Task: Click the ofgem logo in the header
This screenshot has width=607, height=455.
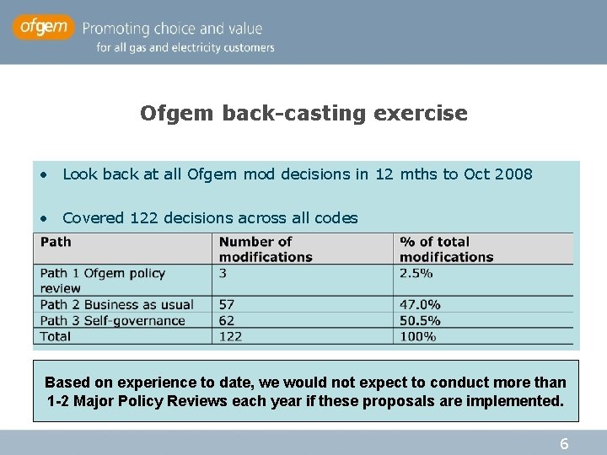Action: [x=43, y=28]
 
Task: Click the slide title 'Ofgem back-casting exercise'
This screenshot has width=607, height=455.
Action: [x=303, y=113]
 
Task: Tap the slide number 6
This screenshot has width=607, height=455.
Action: [x=564, y=444]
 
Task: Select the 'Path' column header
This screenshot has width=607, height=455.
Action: [x=56, y=242]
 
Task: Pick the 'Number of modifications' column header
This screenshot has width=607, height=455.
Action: [x=265, y=249]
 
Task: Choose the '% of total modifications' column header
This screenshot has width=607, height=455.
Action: [x=446, y=249]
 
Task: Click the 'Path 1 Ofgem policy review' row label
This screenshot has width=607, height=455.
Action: [x=102, y=281]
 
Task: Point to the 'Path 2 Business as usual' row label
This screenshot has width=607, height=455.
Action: [x=116, y=304]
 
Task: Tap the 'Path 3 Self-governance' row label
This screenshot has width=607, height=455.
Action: [x=112, y=320]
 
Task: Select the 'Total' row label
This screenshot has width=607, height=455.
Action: [x=56, y=336]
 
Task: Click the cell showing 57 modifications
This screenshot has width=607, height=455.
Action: [x=227, y=304]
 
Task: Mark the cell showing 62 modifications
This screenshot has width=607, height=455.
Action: [x=227, y=320]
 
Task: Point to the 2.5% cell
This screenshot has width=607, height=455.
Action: [x=416, y=273]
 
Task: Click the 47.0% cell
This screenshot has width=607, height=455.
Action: [x=420, y=304]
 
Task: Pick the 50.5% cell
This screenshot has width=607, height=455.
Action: [x=420, y=320]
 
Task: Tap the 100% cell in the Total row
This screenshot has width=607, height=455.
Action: [x=417, y=336]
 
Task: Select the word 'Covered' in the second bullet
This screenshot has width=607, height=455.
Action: [x=94, y=218]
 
